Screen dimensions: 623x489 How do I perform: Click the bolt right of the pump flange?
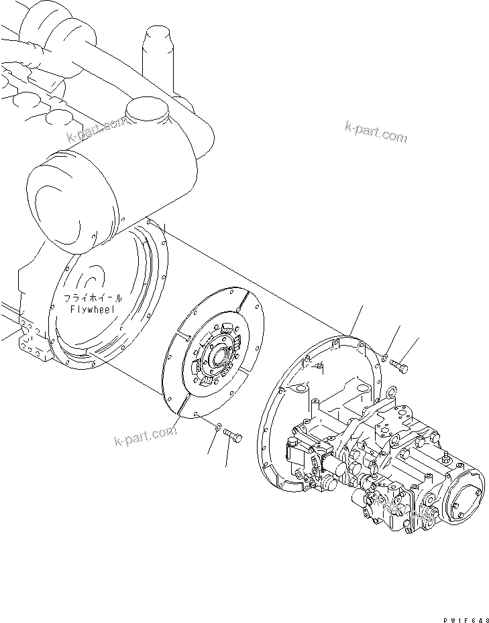coord(400,366)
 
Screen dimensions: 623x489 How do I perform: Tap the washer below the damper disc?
coord(219,426)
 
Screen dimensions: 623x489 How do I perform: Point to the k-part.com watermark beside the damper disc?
coord(146,435)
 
